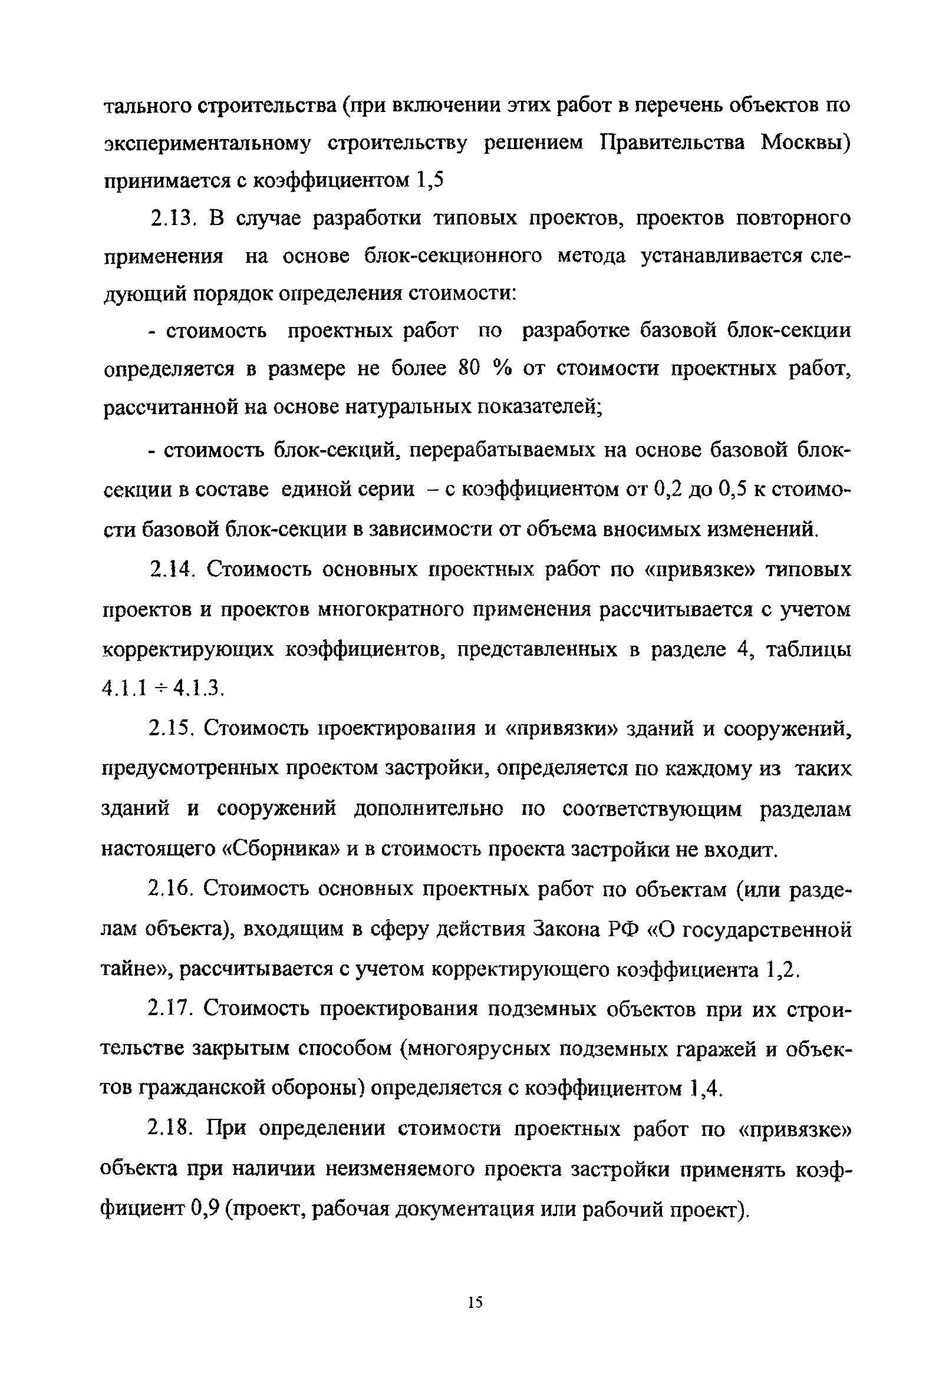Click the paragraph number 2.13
pyautogui.click(x=172, y=219)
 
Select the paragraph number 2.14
pyautogui.click(x=172, y=570)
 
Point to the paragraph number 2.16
pyautogui.click(x=172, y=890)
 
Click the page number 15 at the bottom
pyautogui.click(x=475, y=1302)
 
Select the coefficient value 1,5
pyautogui.click(x=430, y=180)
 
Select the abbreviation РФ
pyautogui.click(x=626, y=929)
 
